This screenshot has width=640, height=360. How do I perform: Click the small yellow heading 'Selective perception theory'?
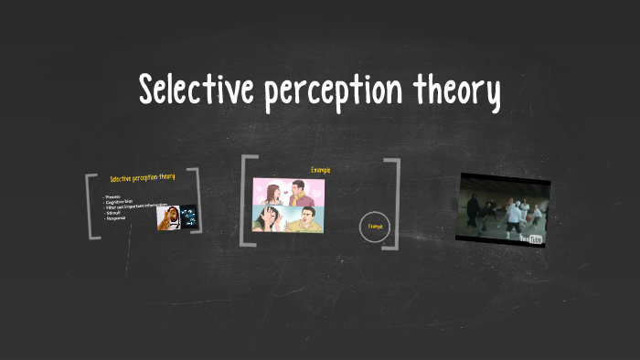142,177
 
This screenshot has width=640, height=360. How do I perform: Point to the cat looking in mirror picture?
167,217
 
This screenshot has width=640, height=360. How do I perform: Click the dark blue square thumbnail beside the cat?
189,217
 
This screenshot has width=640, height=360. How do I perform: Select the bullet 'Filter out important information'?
137,206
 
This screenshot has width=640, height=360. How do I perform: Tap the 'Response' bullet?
116,218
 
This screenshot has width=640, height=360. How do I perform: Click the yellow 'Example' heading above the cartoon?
320,169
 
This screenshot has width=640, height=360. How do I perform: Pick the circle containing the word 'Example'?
375,226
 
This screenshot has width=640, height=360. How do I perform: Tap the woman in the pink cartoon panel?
274,191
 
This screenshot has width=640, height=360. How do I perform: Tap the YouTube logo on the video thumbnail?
530,238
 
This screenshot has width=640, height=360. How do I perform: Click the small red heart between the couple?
286,185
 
